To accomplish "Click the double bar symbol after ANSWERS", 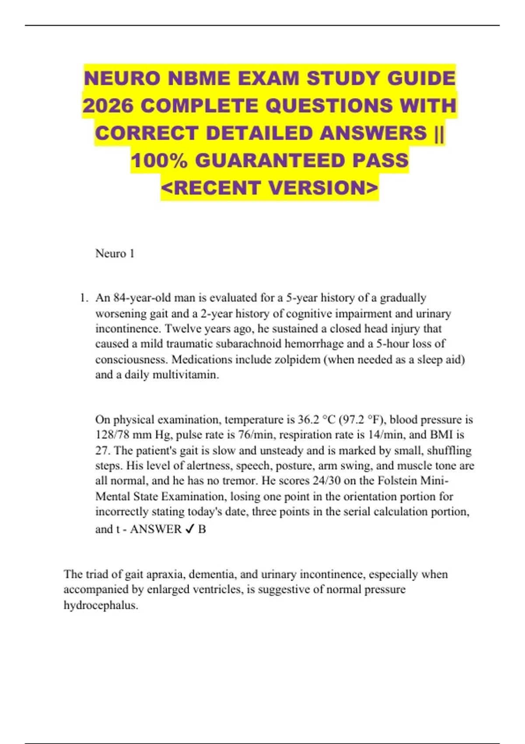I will pyautogui.click(x=439, y=133).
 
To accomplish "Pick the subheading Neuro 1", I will pyautogui.click(x=115, y=253).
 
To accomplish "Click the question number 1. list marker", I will pyautogui.click(x=84, y=298).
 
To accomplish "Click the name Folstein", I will pyautogui.click(x=397, y=481).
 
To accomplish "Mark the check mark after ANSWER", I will pyautogui.click(x=189, y=530).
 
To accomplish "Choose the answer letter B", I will pyautogui.click(x=202, y=530).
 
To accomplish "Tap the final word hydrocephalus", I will pyautogui.click(x=101, y=605).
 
